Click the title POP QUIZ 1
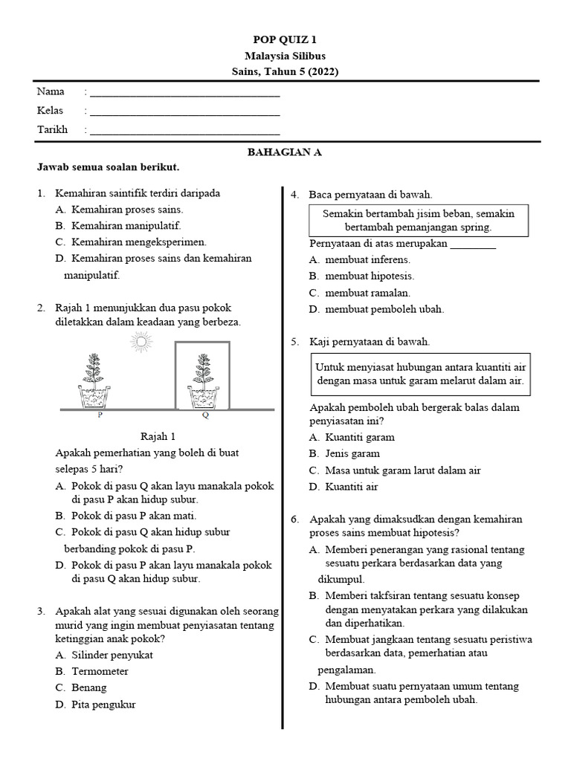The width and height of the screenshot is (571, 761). coord(285,40)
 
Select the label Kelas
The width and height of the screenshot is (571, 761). coord(51,111)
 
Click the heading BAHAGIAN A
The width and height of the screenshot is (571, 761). coord(285,152)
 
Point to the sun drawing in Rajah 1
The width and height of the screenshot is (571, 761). coord(139,342)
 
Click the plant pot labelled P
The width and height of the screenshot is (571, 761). coord(94,398)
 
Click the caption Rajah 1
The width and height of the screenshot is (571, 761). coord(158,436)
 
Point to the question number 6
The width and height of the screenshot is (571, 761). coord(295,519)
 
